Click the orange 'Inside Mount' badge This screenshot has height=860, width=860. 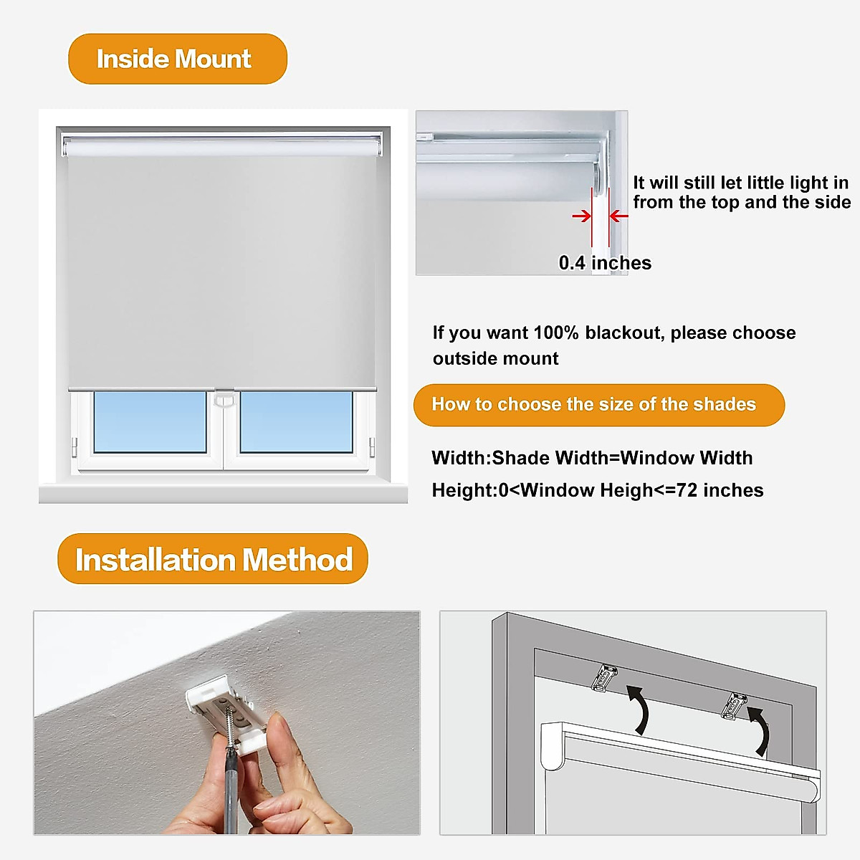[177, 59]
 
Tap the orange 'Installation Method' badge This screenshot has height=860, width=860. [213, 559]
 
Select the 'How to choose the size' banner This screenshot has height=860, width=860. [598, 405]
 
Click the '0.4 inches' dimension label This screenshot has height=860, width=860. [605, 263]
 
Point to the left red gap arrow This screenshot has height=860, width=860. [581, 216]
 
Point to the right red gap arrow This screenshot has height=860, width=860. [618, 216]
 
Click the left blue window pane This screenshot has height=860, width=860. [150, 422]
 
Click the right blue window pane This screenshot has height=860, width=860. [296, 422]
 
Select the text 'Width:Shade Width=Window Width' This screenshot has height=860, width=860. [592, 458]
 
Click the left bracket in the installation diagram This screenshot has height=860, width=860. [605, 677]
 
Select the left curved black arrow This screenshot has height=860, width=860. [639, 709]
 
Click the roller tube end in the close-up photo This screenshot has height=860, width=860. [599, 176]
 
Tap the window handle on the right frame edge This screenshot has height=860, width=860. [372, 446]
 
